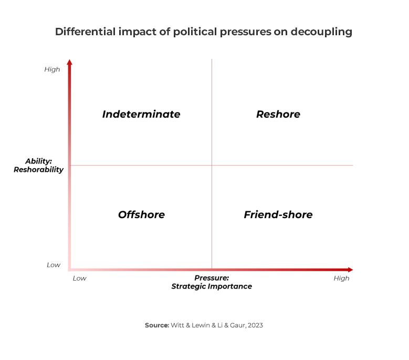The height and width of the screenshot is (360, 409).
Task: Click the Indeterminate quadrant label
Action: click(x=141, y=114)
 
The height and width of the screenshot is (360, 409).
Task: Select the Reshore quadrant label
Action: click(x=278, y=114)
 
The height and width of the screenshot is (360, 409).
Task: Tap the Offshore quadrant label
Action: click(x=141, y=214)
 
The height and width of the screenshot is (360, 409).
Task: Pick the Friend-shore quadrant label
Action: click(x=278, y=214)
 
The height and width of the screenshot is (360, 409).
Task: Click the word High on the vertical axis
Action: click(x=52, y=69)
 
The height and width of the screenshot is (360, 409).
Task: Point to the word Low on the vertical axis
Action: click(x=54, y=265)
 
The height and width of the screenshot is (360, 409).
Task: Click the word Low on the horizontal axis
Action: click(x=79, y=278)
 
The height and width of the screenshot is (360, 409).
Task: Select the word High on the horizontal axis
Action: click(x=341, y=278)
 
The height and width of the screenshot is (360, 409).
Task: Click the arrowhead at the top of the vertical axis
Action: click(x=70, y=63)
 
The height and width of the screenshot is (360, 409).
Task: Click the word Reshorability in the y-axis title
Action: click(x=39, y=169)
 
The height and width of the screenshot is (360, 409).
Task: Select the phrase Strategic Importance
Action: click(x=212, y=286)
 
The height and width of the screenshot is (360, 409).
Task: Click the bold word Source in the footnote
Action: click(x=156, y=325)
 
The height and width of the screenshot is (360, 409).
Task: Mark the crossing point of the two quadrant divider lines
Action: click(x=212, y=165)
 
